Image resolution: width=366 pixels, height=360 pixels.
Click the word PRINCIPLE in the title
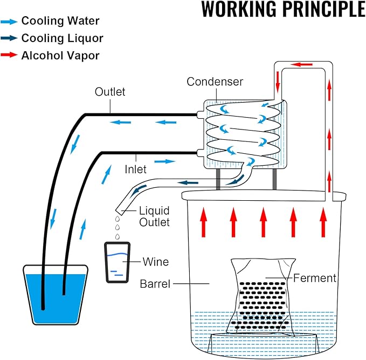(324, 9)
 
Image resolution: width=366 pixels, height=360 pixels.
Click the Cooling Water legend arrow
(9, 22)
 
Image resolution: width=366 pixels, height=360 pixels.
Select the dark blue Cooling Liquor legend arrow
(9, 38)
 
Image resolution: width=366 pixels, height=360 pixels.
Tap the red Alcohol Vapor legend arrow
(9, 55)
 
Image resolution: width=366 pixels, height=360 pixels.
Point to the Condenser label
(215, 82)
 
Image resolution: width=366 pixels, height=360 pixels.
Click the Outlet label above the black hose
(110, 92)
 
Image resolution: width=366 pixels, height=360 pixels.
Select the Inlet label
(136, 169)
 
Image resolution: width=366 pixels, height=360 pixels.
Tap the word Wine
(156, 262)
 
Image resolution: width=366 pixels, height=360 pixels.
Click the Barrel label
(155, 284)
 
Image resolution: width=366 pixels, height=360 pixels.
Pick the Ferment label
(315, 278)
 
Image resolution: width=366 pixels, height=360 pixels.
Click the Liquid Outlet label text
(154, 216)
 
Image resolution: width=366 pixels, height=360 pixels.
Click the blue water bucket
(56, 295)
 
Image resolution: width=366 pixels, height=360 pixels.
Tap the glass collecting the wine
(117, 262)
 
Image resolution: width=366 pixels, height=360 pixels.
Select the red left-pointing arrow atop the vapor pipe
(302, 64)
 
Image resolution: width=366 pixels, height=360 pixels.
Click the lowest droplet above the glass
(118, 236)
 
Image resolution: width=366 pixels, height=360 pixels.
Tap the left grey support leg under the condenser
(218, 179)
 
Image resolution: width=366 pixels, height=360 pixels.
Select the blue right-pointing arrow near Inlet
(164, 161)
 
